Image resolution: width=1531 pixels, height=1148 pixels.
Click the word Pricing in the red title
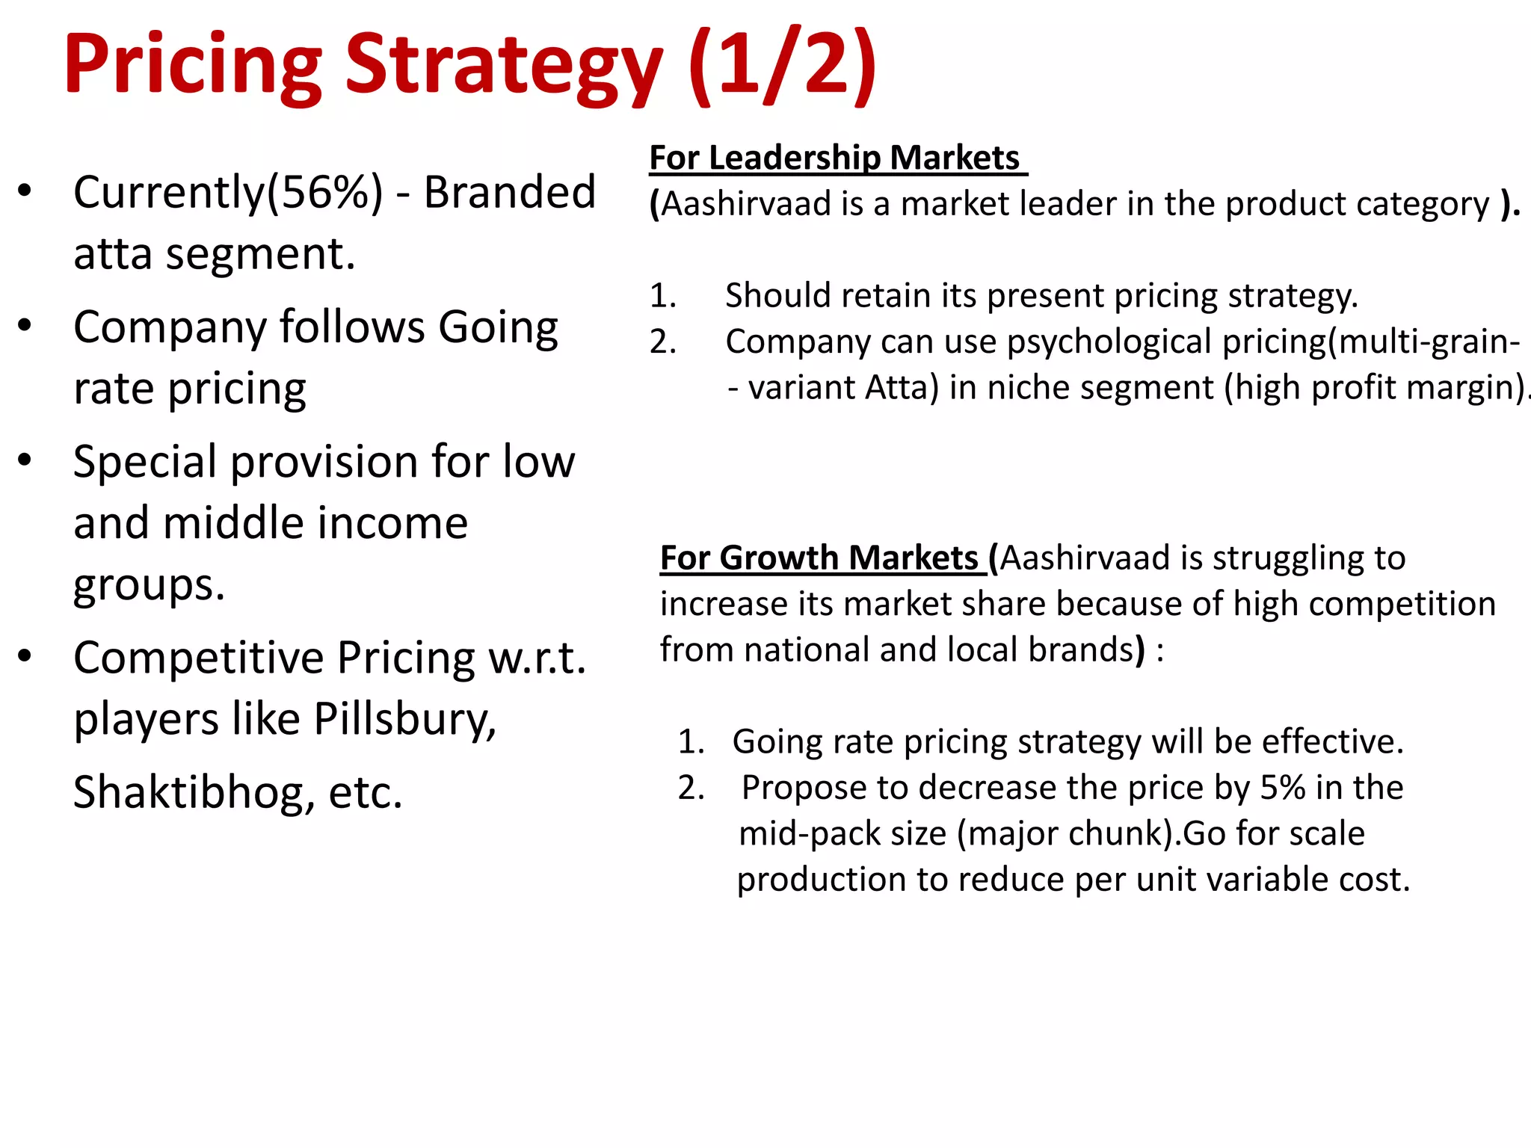pos(193,66)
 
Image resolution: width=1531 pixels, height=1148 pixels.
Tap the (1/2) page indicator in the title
pos(781,66)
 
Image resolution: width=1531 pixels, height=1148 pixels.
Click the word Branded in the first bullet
pos(510,192)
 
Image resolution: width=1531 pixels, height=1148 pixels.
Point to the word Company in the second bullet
pos(170,327)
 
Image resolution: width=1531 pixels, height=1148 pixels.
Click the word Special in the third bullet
pos(145,462)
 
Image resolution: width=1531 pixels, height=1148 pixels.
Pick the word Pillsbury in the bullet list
pos(404,719)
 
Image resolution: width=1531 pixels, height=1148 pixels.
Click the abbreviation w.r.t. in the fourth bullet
pos(536,658)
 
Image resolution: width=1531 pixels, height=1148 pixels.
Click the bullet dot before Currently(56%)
pos(25,191)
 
